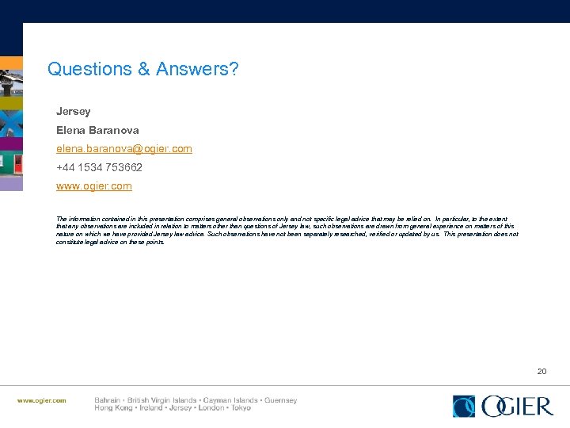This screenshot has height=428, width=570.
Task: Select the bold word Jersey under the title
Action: click(x=73, y=111)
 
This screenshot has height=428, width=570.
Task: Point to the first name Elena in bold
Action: click(x=71, y=130)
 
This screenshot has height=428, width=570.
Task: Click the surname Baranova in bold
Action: click(x=114, y=130)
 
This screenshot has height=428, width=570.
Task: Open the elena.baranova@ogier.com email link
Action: click(x=123, y=149)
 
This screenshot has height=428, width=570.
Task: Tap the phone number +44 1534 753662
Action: click(x=100, y=168)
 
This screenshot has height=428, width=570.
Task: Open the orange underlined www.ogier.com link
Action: click(x=93, y=186)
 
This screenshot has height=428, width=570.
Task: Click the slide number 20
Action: click(x=541, y=371)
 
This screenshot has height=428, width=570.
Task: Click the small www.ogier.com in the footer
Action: click(x=42, y=401)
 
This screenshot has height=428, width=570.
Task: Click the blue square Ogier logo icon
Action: click(x=463, y=406)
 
